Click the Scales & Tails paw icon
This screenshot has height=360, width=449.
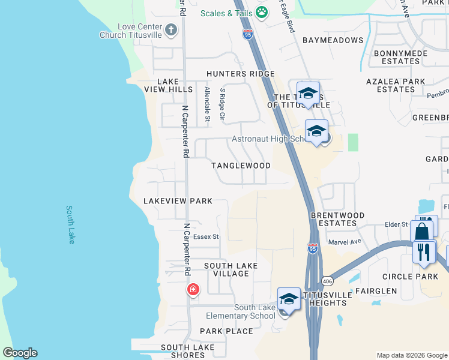pyautogui.click(x=262, y=12)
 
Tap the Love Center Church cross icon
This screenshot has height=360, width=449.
pyautogui.click(x=171, y=29)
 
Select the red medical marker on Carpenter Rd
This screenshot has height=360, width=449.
pyautogui.click(x=193, y=290)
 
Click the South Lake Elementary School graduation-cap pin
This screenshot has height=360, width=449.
pyautogui.click(x=289, y=299)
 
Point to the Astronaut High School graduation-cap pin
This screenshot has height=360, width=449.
pyautogui.click(x=316, y=131)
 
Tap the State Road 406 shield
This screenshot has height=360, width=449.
pyautogui.click(x=327, y=281)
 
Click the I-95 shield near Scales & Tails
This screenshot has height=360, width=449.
pyautogui.click(x=249, y=35)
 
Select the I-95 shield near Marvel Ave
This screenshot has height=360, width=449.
pyautogui.click(x=312, y=248)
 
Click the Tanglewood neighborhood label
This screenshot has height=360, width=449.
pyautogui.click(x=241, y=165)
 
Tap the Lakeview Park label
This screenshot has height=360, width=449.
pyautogui.click(x=178, y=201)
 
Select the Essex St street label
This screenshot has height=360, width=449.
pyautogui.click(x=206, y=237)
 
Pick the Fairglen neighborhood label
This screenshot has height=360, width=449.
pyautogui.click(x=376, y=291)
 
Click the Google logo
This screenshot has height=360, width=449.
pyautogui.click(x=20, y=353)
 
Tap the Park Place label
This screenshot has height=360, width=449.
pyautogui.click(x=226, y=331)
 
